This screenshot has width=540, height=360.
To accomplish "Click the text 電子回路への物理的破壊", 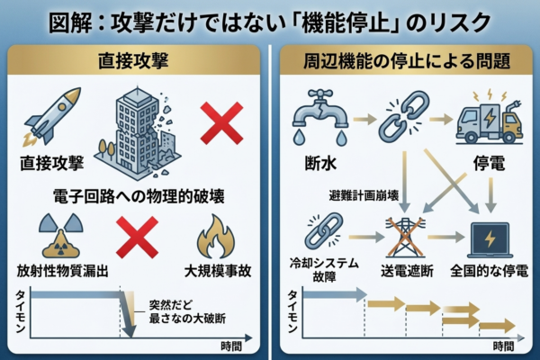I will tap(135, 195).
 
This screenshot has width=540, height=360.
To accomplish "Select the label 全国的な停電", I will tap(491, 270).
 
